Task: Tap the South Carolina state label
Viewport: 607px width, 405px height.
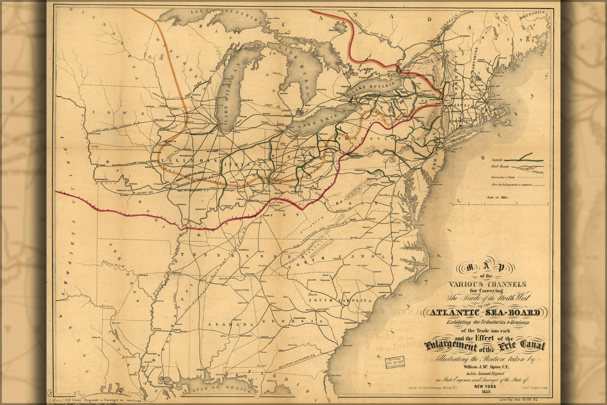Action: pos(340,301)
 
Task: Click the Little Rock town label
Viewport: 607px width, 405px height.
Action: pos(144,275)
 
